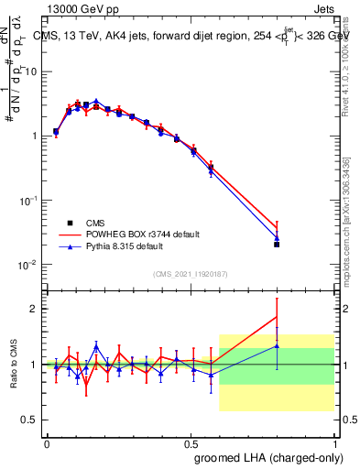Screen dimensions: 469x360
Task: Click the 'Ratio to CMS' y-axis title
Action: click(x=14, y=365)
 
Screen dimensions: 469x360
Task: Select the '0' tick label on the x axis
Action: click(x=47, y=442)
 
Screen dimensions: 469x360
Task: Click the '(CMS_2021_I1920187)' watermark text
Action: click(x=189, y=274)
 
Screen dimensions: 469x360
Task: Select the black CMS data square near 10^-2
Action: click(x=277, y=245)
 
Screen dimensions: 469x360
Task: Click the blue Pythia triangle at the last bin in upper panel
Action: click(x=277, y=238)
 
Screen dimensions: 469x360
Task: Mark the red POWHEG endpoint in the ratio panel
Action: click(x=277, y=317)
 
